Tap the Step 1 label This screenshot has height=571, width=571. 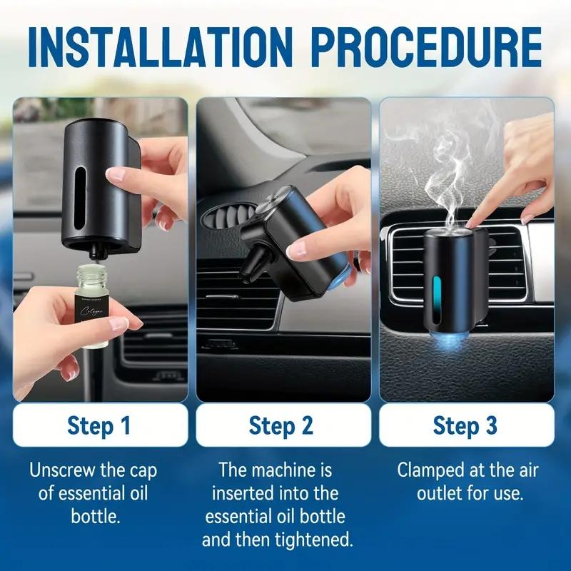tap(99, 426)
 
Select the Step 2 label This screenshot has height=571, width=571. tap(282, 426)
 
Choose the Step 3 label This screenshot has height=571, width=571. tap(465, 426)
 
